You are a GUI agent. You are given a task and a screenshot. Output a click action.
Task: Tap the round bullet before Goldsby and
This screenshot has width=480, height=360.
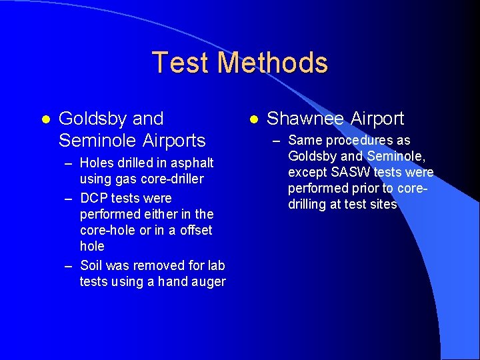pos(45,119)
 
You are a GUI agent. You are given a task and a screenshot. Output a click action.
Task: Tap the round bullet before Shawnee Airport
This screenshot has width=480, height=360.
pos(253,119)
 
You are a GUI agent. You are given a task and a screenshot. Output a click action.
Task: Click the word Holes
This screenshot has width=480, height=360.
pos(96,163)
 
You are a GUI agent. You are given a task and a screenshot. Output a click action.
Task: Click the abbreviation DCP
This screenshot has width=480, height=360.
pos(93,198)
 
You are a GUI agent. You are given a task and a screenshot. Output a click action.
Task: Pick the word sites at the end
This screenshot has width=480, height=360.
pos(383,205)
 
